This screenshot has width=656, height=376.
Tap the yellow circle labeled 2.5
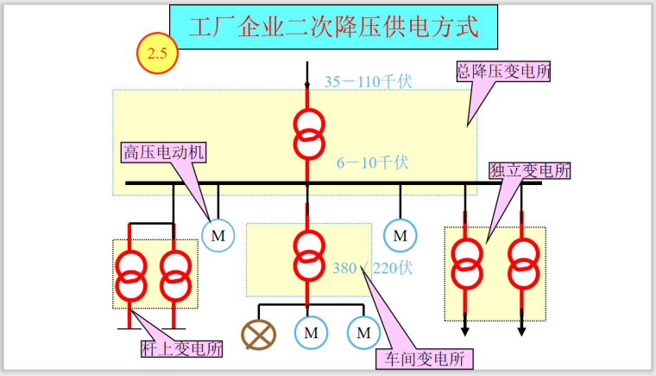[158, 54]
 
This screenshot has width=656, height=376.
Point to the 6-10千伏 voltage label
[372, 161]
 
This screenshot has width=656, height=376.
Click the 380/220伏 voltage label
[372, 268]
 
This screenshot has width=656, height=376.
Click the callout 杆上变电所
[181, 349]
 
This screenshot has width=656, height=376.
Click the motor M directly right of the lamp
[309, 332]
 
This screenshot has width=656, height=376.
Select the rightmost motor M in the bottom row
[363, 332]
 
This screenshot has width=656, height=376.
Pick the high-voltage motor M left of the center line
[218, 234]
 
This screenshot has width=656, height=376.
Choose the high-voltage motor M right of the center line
[400, 234]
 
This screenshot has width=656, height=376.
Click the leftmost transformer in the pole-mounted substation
[131, 273]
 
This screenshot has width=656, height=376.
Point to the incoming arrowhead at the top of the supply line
[307, 85]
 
